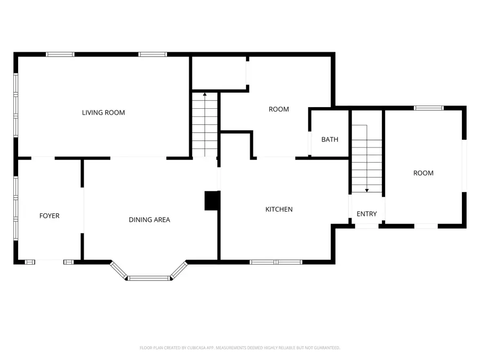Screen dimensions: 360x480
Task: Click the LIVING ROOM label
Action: pos(103,113)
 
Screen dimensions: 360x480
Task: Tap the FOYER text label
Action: pos(50,216)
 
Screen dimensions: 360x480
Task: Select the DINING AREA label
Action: pos(149,220)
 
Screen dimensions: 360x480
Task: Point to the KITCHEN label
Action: pos(279,210)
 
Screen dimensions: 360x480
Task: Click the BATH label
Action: pos(330,140)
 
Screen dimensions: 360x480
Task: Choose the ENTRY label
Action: pos(366,214)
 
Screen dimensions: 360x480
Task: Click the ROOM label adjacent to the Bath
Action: pos(278,109)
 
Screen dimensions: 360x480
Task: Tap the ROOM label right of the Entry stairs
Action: pos(423,173)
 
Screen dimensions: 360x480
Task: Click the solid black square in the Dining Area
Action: pos(212,201)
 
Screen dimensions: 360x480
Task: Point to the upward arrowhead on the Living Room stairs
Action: pos(205,94)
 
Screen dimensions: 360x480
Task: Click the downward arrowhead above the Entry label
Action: pos(367,190)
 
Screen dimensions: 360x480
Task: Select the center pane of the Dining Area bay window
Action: pos(149,278)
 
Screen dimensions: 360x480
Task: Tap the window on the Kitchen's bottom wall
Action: pos(276,262)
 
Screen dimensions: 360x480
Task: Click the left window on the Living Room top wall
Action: pos(60,54)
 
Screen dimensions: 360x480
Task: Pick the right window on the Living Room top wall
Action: pos(153,54)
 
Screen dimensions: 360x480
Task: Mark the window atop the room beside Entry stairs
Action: pos(429,108)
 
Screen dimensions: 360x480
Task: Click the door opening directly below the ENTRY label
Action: pos(367,226)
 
